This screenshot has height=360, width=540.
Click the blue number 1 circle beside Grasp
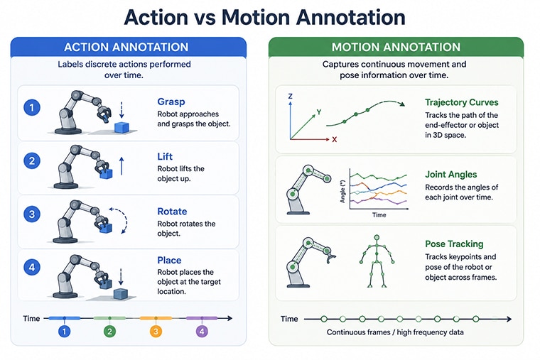(x=32, y=107)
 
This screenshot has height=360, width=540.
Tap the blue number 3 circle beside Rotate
(x=32, y=214)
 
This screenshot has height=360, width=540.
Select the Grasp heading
(x=171, y=102)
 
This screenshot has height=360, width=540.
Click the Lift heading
(x=165, y=157)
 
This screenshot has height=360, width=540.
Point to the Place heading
(x=169, y=260)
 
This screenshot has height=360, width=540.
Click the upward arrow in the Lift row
(x=121, y=166)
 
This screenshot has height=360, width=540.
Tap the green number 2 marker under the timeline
(x=109, y=332)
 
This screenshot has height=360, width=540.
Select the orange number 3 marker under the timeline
(x=156, y=332)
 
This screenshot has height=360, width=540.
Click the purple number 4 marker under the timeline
(x=202, y=332)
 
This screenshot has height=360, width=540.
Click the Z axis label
(x=291, y=97)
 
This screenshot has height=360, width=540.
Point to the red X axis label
(x=335, y=140)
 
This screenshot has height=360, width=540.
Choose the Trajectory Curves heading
(x=461, y=102)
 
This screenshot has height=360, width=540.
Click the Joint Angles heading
(x=450, y=175)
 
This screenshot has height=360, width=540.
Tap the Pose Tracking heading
(x=454, y=244)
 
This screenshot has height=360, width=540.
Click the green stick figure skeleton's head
(x=377, y=237)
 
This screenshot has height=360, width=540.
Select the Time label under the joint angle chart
(x=379, y=214)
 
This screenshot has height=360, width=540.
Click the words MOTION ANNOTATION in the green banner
(x=396, y=47)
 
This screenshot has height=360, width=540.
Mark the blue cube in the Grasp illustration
(x=121, y=127)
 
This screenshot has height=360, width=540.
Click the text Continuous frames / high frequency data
(x=395, y=332)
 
